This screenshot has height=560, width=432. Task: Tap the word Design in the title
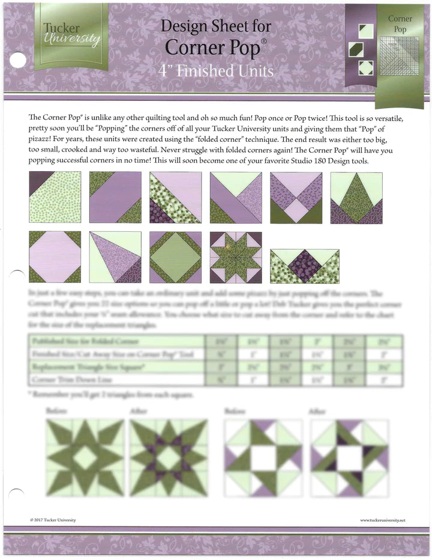184,26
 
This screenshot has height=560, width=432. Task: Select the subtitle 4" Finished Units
216,71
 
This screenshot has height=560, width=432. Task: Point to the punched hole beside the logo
19,59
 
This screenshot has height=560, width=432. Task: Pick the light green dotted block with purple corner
55,197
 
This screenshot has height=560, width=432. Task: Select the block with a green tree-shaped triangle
357,197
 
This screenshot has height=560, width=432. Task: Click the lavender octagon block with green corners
55,257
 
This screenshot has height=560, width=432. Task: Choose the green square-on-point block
176,257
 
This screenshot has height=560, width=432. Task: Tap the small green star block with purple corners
236,257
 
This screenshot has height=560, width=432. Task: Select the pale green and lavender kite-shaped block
115,257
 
